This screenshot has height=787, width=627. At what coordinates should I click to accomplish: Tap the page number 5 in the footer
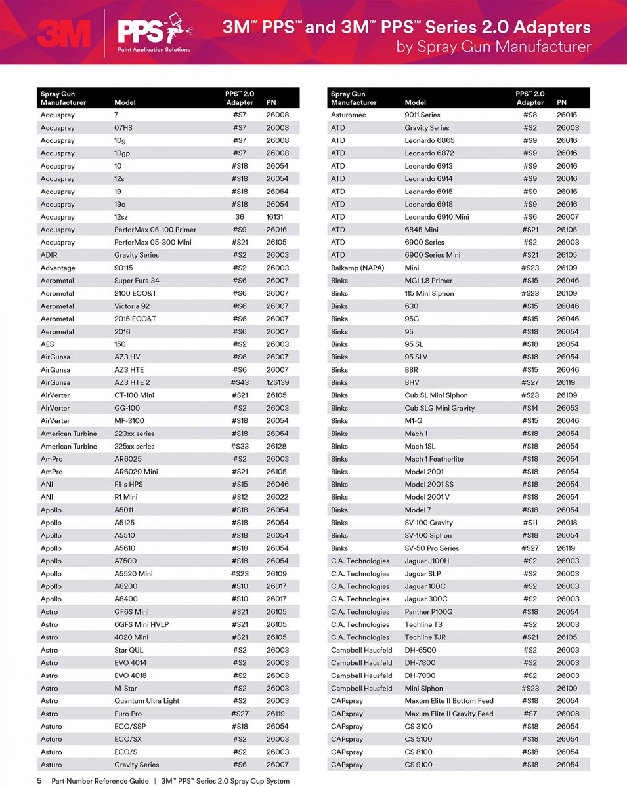pos(39,781)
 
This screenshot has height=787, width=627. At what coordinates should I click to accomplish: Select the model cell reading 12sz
pos(121,217)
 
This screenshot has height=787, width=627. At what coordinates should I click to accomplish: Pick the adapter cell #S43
pos(240,382)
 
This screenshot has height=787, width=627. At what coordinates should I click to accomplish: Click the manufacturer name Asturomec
pos(349,115)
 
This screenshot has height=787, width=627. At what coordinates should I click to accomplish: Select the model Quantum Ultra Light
pos(146,701)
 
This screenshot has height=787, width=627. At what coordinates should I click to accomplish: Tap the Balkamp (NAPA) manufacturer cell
pos(358,268)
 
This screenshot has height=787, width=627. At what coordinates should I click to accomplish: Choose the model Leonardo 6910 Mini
pos(437,217)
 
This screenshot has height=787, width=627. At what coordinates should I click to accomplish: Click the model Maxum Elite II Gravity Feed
pos(448,714)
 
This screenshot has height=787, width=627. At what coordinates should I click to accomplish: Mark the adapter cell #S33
pos(240,446)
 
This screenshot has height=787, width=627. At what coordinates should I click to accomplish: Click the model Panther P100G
pos(429,612)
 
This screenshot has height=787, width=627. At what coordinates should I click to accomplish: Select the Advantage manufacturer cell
pos(58,268)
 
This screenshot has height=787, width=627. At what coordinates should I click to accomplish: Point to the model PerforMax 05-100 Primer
pos(155,230)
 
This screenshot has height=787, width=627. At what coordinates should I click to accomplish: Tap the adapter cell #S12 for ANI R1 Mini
pos(240,497)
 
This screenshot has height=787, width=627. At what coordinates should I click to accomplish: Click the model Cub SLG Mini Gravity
pos(439,408)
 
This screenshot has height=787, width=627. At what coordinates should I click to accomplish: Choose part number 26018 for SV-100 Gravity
pos(567,523)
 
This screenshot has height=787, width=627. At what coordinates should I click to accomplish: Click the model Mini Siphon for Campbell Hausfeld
pos(423,689)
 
